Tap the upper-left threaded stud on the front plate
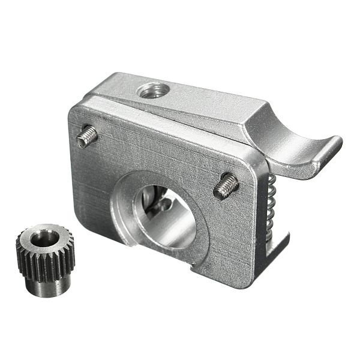pos(86,135)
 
